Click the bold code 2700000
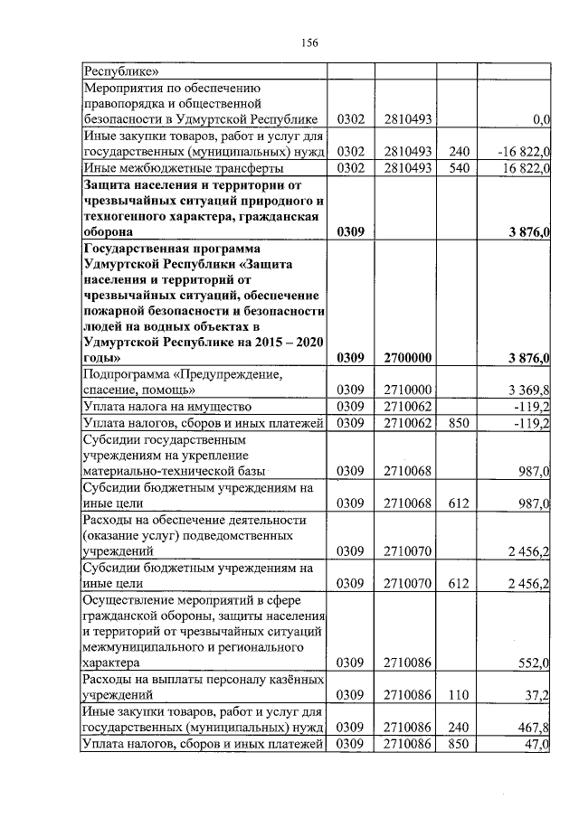coord(406,359)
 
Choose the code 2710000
coord(406,390)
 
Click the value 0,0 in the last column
coord(542,118)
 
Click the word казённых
coord(290,680)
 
